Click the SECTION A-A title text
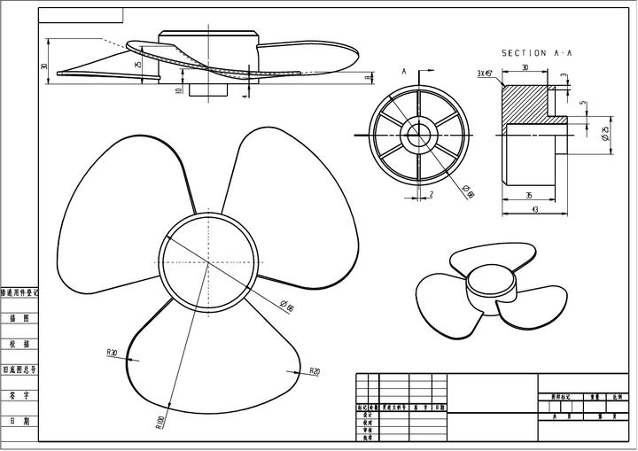(x=537, y=53)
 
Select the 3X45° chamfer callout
(x=486, y=74)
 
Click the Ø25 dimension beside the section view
(x=605, y=134)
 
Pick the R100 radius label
(x=160, y=423)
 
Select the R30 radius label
(x=112, y=353)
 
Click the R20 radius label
(x=315, y=371)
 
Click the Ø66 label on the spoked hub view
(x=470, y=190)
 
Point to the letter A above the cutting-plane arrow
(x=404, y=70)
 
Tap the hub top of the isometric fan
(x=490, y=281)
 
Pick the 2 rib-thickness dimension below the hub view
(x=431, y=194)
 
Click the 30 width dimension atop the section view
(x=525, y=67)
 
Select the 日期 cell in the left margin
(x=19, y=422)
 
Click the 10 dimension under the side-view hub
(x=178, y=89)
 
